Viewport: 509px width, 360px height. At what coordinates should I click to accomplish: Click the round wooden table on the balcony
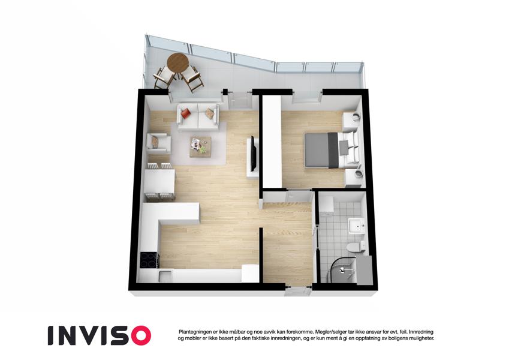(x=177, y=63)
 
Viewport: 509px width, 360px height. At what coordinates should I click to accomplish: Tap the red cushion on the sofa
(x=185, y=113)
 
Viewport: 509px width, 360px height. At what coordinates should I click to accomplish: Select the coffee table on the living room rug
(x=200, y=146)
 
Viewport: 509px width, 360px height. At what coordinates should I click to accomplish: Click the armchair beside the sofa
(x=158, y=143)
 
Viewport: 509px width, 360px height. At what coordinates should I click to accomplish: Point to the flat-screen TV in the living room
(x=254, y=154)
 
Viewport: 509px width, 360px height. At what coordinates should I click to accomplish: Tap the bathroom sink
(x=357, y=225)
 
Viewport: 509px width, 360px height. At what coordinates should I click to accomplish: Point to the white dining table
(x=159, y=182)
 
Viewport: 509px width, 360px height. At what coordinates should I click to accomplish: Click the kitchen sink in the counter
(x=165, y=276)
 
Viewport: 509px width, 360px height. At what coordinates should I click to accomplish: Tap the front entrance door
(x=299, y=291)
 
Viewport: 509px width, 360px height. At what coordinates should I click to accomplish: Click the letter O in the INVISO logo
(x=138, y=335)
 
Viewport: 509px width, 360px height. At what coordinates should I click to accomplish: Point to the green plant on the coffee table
(x=203, y=149)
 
